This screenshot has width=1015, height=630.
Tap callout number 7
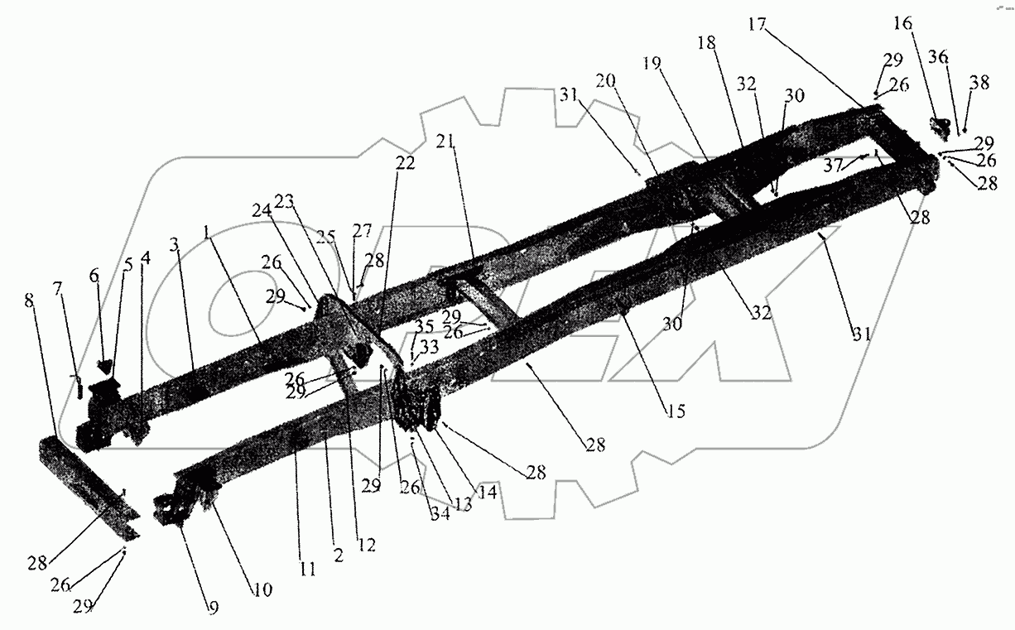pos(57,288)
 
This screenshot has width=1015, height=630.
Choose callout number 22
pos(405,165)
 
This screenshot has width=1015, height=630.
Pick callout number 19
pos(652,63)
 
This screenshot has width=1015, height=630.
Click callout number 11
pos(307,569)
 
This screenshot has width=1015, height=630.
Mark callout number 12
pos(366,545)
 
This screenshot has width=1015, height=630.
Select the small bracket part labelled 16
pos(939,128)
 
